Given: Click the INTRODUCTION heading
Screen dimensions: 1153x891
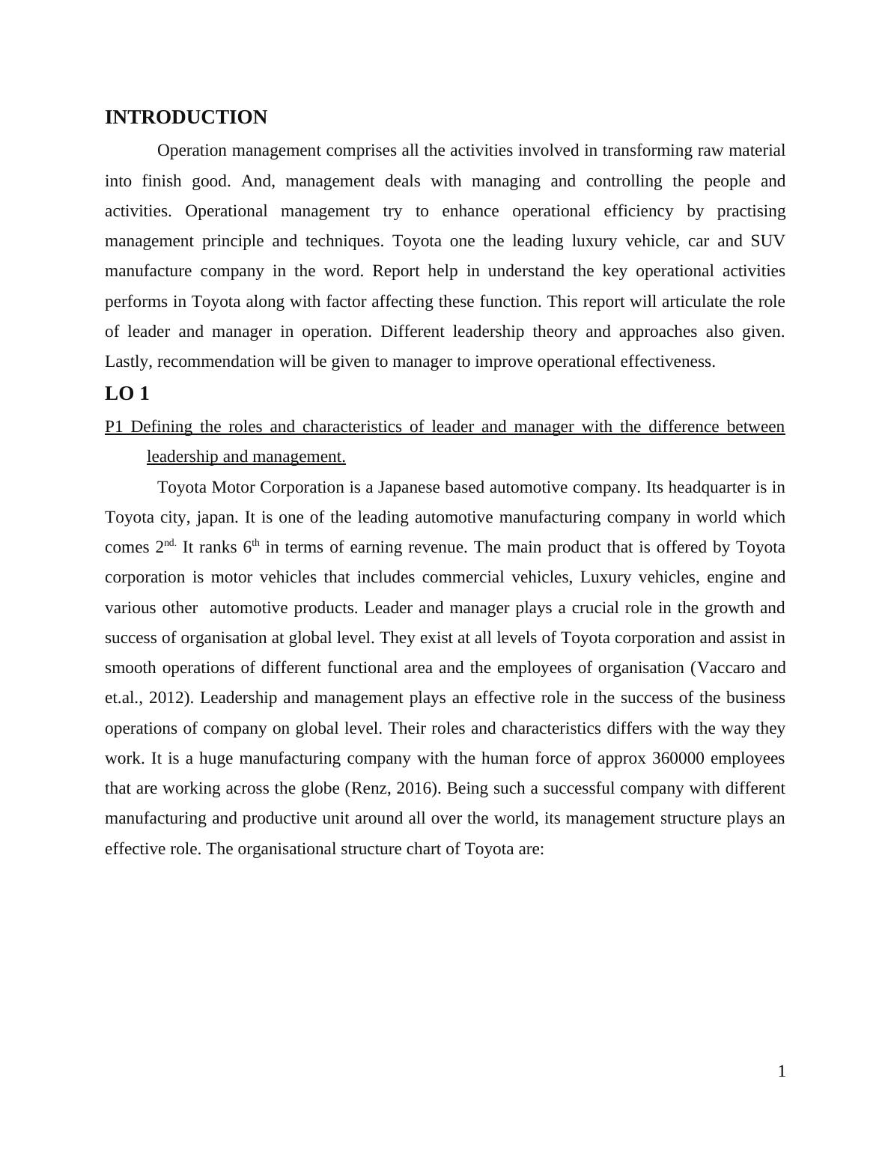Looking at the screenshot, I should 186,118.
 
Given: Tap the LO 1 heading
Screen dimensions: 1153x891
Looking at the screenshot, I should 127,394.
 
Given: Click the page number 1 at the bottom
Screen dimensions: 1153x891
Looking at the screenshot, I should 782,1071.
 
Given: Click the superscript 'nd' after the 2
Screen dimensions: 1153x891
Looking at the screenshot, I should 170,543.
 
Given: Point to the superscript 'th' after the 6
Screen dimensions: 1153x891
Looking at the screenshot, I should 255,543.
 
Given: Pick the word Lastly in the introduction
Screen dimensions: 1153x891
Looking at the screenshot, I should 127,362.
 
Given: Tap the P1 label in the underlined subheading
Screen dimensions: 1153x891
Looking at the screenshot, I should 114,427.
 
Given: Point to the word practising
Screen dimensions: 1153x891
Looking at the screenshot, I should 751,211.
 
